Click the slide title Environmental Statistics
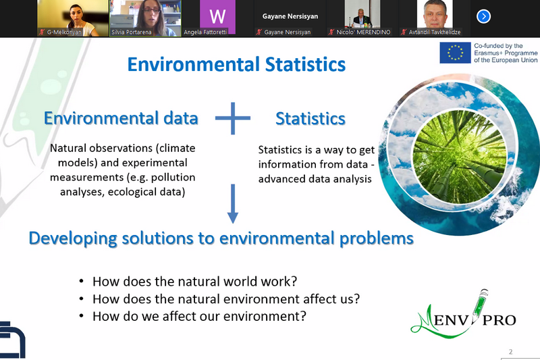point(236,64)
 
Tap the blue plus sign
point(233,118)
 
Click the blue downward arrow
point(233,203)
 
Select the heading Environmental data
point(121,118)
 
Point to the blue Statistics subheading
point(310,118)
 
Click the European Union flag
point(455,53)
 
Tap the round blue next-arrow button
point(483,16)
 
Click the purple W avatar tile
point(217,16)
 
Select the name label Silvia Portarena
point(131,32)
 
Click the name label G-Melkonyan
point(64,32)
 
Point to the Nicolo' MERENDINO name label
point(363,32)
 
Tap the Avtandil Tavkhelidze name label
point(435,32)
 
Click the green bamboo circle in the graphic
point(460,157)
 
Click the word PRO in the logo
point(499,320)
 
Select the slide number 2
point(511,352)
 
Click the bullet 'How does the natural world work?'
point(194,282)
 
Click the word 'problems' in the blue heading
point(377,238)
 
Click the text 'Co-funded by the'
point(498,46)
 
